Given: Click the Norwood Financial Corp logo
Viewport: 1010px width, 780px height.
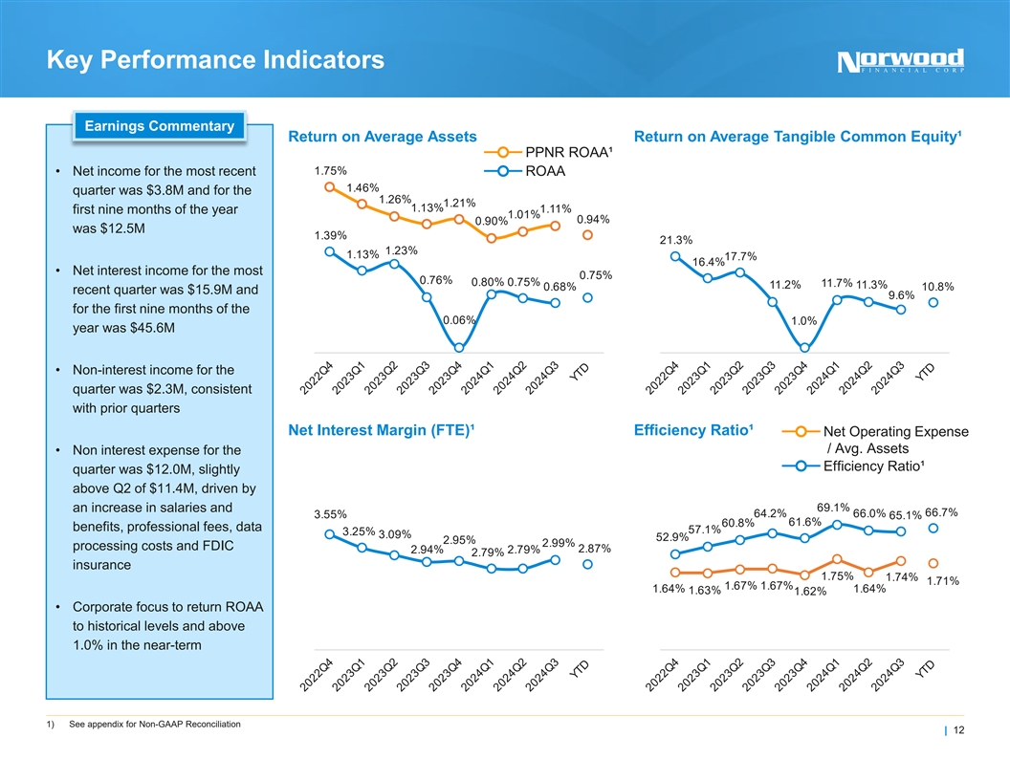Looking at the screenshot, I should (900, 61).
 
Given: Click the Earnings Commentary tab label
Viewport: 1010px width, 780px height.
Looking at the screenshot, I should (160, 126).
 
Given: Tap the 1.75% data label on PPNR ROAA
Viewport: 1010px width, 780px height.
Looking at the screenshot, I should (330, 170).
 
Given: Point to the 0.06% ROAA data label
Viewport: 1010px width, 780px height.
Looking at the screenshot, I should (460, 319).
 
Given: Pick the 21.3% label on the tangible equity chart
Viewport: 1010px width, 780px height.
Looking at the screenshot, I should (676, 240).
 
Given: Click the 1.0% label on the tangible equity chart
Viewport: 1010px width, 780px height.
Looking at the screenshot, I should (804, 321).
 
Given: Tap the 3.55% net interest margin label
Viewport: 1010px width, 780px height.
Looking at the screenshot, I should (330, 514).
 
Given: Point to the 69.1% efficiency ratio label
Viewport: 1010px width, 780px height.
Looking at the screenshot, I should (833, 507).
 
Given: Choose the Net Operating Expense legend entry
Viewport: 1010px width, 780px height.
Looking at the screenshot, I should (895, 440).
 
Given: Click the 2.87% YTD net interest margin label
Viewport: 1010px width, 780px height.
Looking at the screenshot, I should (595, 548).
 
